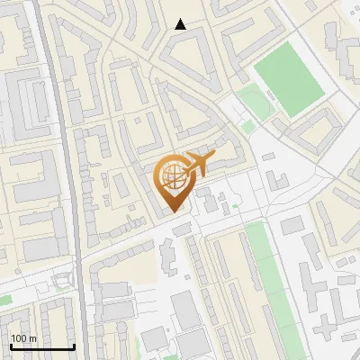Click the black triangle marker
tap(181, 25)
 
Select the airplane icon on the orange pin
tap(196, 164)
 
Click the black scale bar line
tap(42, 346)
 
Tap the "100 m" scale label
tap(23, 338)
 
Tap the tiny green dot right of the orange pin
tap(235, 208)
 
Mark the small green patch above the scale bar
tap(5, 300)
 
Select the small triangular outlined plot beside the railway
tap(62, 282)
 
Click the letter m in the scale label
tap(32, 338)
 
